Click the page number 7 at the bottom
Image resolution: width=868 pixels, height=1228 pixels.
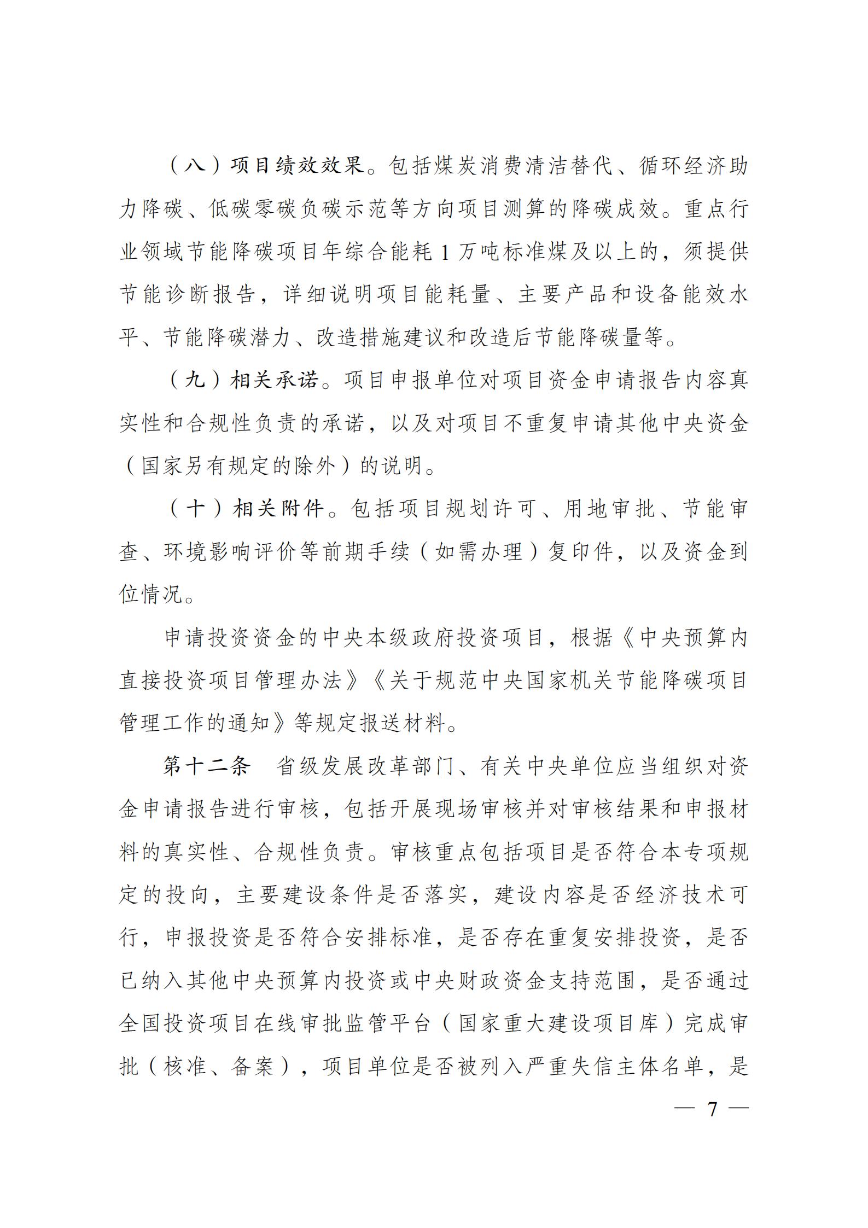point(712,1109)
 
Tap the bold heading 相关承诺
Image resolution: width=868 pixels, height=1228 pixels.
point(274,380)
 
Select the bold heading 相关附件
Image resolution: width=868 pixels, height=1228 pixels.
point(278,509)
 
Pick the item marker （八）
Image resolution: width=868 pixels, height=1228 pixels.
point(194,166)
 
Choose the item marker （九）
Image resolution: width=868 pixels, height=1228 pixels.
point(194,380)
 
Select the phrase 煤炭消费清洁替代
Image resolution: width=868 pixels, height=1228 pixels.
point(500,166)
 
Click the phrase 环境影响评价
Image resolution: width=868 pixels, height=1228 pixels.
point(230,552)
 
